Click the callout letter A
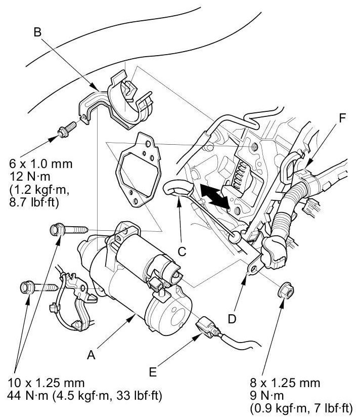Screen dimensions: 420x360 (x=91, y=355)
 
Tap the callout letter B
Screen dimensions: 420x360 (x=37, y=32)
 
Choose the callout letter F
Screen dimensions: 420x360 (x=343, y=119)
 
